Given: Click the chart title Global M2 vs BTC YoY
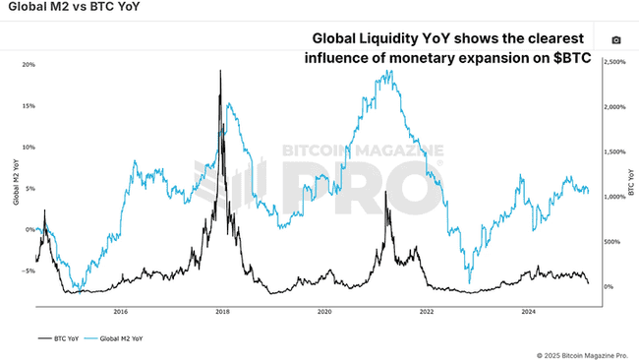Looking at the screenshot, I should point(60,10).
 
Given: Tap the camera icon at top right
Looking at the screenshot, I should point(616,40).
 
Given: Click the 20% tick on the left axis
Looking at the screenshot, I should point(29,65).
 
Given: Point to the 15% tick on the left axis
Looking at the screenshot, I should point(29,106).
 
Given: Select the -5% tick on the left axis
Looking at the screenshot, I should point(29,270).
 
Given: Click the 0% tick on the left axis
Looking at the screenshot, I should point(30,229).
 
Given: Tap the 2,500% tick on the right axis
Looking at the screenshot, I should point(613,62).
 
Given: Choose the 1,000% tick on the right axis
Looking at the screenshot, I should point(613,197).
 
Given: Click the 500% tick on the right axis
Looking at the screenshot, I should point(611,242).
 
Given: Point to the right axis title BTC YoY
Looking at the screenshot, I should point(627,183).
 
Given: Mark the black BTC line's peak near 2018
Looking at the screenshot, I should point(220,71).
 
